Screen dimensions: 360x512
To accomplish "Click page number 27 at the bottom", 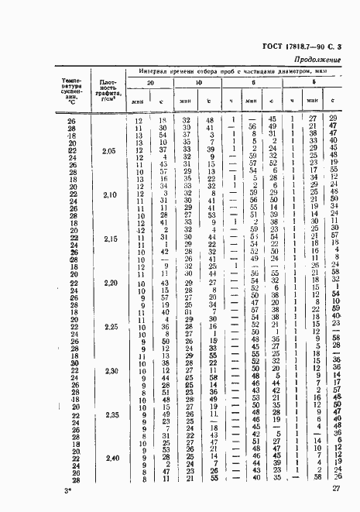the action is [336, 490].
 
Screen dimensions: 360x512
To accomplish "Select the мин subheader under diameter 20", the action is [139, 100].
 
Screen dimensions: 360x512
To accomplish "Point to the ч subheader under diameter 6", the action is [232, 100].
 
